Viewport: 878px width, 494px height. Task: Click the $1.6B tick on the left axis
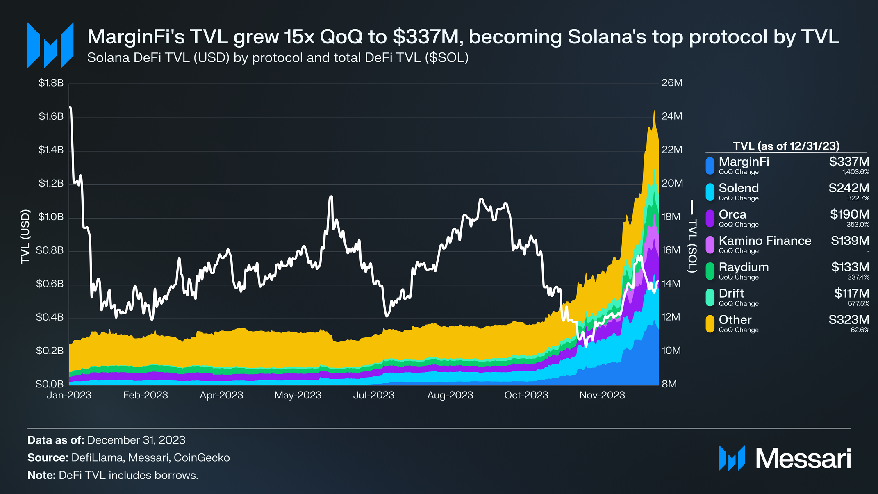pos(51,116)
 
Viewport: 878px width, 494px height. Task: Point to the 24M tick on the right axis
pos(672,116)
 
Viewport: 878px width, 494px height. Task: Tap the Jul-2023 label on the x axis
pos(373,395)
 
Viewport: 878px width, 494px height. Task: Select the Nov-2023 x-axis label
pos(602,395)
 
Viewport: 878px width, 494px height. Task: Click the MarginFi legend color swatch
pos(710,166)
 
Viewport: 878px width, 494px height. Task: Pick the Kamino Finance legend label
pos(765,241)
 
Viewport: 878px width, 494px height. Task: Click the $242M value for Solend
pos(848,188)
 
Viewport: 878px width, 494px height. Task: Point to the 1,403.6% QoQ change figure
pos(856,172)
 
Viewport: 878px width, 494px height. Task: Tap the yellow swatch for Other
pos(710,323)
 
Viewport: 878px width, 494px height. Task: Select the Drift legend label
pos(731,294)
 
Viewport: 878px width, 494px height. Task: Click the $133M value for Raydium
pos(850,267)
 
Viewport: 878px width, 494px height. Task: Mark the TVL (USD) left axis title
pos(25,237)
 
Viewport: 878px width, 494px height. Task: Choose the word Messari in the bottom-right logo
pos(803,458)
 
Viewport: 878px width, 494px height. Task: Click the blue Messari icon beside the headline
pos(50,45)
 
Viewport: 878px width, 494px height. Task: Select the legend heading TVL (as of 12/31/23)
pos(786,146)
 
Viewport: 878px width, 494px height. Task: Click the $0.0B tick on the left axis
pos(50,384)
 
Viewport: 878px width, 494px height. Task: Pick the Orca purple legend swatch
pos(710,218)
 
